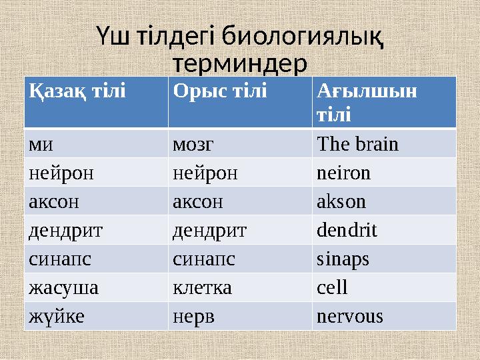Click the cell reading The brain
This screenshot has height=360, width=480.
[x=358, y=144]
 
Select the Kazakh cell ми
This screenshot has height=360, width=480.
[x=41, y=144]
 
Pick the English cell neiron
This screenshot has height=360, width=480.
[x=343, y=173]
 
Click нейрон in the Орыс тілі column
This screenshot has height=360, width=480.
[x=205, y=173]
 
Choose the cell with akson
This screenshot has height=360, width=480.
[x=341, y=202]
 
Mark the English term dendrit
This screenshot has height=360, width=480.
[x=347, y=231]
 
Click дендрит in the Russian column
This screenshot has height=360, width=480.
[x=209, y=231]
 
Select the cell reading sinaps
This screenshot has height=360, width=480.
[x=343, y=259]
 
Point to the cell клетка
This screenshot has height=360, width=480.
[x=202, y=288]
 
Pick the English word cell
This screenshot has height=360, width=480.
[x=332, y=288]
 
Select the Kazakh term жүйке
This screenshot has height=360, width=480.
[x=57, y=317]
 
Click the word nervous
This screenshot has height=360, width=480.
[x=350, y=317]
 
